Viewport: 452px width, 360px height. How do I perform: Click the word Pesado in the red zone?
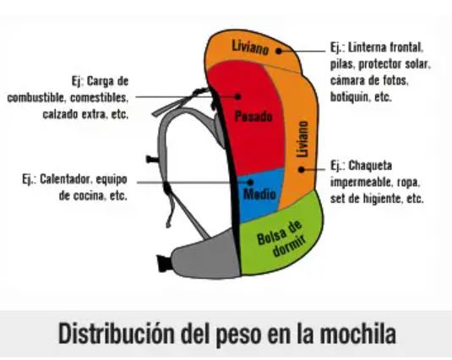(x=253, y=116)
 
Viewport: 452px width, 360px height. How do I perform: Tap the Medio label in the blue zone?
(x=259, y=194)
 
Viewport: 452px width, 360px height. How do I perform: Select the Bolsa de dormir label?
(x=280, y=238)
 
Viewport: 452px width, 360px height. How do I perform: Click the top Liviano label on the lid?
(x=250, y=47)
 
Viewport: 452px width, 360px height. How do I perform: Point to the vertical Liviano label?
(x=302, y=139)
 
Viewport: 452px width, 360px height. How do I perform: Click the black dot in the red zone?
(x=238, y=96)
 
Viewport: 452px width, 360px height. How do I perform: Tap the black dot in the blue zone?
(x=250, y=183)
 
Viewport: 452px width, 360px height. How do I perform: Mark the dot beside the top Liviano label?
(x=279, y=51)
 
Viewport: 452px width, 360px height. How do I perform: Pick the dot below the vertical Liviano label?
(x=302, y=170)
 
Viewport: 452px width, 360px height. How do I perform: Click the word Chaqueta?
(x=370, y=166)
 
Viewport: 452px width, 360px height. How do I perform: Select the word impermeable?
(x=362, y=183)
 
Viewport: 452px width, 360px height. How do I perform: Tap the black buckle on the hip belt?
(x=164, y=263)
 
